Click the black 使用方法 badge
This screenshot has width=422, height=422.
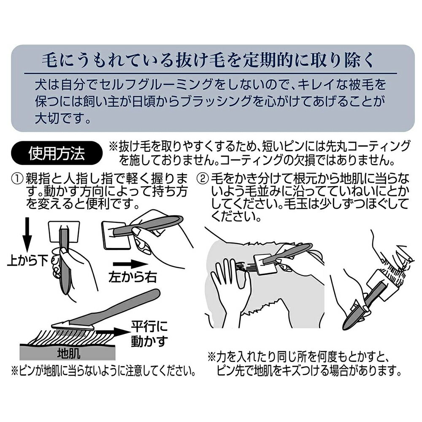57,153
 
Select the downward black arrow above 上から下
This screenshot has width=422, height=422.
27,235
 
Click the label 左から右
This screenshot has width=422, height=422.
133,277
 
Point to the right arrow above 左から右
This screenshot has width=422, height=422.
130,265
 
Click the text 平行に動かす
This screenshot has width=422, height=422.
149,334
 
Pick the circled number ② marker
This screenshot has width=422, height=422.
203,179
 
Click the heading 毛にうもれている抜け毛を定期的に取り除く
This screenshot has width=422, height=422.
208,60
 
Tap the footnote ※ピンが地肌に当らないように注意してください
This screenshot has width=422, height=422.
103,371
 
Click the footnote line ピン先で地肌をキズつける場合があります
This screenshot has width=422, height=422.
309,371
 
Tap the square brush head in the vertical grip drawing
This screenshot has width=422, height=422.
64,231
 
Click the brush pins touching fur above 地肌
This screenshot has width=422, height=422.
72,331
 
